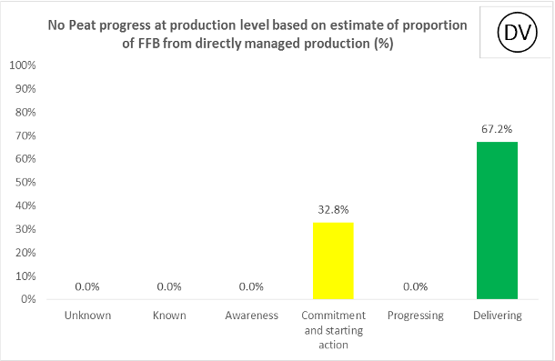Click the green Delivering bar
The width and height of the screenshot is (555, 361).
[497, 220]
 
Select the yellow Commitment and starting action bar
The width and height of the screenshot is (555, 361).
[333, 260]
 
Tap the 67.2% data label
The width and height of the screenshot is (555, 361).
[497, 129]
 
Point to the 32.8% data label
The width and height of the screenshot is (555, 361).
[333, 209]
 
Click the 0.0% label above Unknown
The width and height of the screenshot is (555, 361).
[87, 286]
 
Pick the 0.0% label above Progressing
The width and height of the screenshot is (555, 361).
[415, 286]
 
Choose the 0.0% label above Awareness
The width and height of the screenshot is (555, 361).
[251, 286]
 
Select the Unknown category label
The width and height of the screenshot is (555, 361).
[87, 316]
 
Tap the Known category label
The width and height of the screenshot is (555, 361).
[169, 316]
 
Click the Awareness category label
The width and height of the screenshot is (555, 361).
[251, 316]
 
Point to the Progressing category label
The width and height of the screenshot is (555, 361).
[415, 316]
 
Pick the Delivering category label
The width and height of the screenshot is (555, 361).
[497, 316]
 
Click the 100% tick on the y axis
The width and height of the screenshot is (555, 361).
[24, 65]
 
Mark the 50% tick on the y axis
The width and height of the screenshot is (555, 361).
[26, 182]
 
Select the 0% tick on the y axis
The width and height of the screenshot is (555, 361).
[29, 299]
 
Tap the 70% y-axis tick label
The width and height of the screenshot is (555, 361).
[26, 135]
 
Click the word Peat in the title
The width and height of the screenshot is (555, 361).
[84, 25]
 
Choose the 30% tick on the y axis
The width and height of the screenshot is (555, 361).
[26, 229]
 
